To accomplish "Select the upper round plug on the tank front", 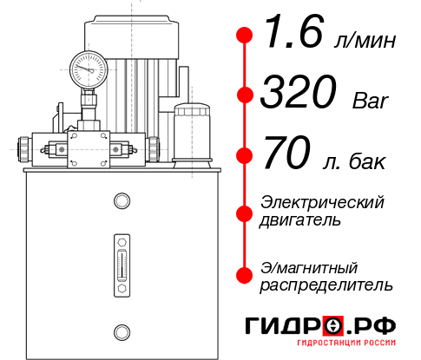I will coord(122,201).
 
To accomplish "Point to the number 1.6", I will coord(289,36).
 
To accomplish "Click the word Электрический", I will coord(321,202).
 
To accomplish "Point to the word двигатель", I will coord(300,220).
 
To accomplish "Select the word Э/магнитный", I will coord(309,265).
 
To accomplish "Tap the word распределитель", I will coord(326,284).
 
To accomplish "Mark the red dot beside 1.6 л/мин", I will coord(246,36).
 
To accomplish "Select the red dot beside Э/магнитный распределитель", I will coord(246,274).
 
